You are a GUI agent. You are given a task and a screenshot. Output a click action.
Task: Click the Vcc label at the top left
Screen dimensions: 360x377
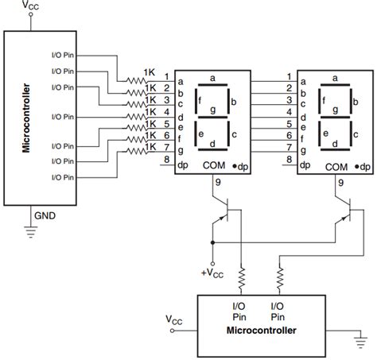30,6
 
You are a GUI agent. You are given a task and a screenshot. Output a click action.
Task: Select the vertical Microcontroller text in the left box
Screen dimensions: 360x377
25,117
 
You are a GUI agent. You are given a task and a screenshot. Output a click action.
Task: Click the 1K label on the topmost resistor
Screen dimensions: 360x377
150,72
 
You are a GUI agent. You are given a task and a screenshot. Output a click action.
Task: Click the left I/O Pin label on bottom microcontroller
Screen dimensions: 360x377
239,309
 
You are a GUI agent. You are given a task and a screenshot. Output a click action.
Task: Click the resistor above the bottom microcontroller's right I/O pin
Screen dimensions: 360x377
279,277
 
